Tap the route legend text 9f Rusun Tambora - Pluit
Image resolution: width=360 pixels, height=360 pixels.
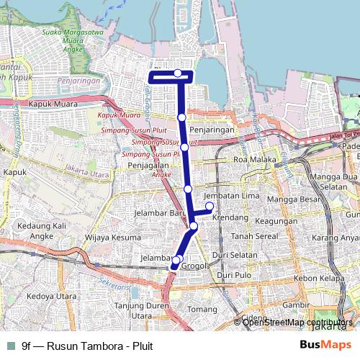pyautogui.click(x=87, y=346)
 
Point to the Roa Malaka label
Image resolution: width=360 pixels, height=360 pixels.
pyautogui.click(x=250, y=161)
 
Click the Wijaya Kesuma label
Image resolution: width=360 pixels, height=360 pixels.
pyautogui.click(x=109, y=235)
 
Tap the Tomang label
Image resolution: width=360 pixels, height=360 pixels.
pyautogui.click(x=197, y=310)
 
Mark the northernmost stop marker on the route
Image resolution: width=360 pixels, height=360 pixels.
pyautogui.click(x=178, y=73)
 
